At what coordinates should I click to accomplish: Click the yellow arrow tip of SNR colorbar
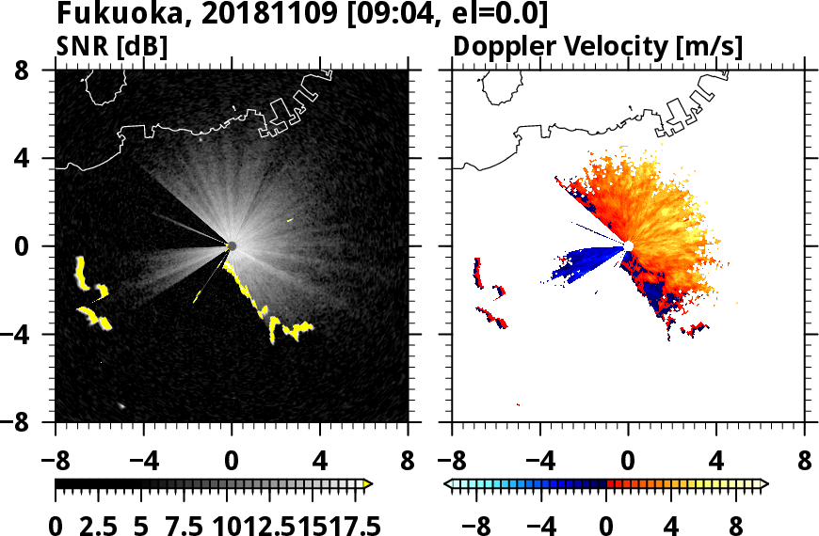[x=368, y=484]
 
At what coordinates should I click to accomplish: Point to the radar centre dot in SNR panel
[x=232, y=245]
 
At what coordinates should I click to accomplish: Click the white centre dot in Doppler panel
[x=628, y=246]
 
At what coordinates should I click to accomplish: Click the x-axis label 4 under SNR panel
[x=320, y=463]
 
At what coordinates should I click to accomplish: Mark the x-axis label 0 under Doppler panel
[x=628, y=463]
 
